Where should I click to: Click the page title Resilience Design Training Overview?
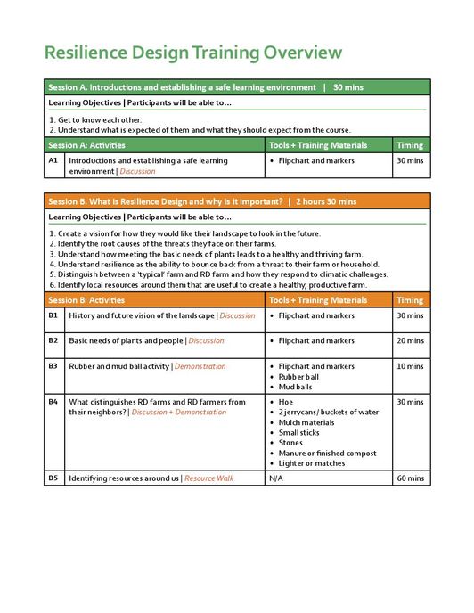click(193, 52)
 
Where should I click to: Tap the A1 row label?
click(53, 161)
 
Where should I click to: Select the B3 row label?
click(53, 366)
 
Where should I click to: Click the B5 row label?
click(53, 478)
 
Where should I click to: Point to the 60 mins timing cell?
click(410, 478)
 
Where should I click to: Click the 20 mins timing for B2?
click(410, 340)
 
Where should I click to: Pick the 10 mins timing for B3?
click(410, 366)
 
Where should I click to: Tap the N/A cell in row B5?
click(276, 478)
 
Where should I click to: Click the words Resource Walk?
click(208, 478)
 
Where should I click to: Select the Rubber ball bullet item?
click(298, 377)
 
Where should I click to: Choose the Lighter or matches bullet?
click(312, 463)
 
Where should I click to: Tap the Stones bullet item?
click(290, 443)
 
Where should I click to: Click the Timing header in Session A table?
click(410, 145)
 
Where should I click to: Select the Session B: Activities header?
click(87, 300)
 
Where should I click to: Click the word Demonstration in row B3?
click(200, 366)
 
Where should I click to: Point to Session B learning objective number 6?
click(208, 285)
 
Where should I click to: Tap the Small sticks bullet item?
click(300, 433)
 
